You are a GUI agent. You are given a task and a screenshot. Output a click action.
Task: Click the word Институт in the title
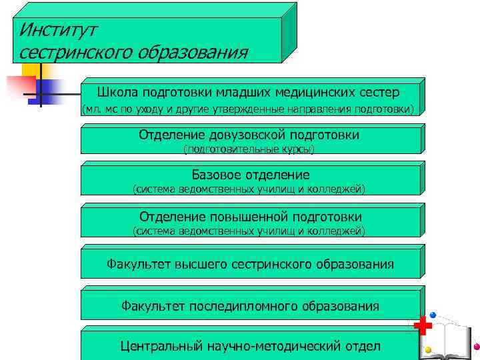[x=59, y=29]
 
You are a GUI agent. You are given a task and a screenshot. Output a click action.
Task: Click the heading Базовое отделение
[x=251, y=175]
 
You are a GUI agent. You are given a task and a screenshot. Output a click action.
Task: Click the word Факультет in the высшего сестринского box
[x=139, y=264]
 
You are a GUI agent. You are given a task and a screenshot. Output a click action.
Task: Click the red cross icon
[x=422, y=327]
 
